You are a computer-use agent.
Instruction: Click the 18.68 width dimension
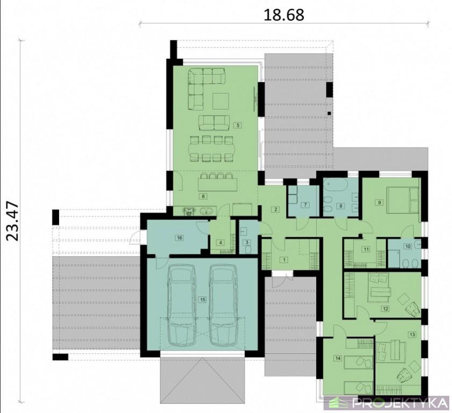[x=284, y=15]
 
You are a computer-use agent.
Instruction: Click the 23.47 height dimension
[x=13, y=222]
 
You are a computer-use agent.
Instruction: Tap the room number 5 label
[x=238, y=125]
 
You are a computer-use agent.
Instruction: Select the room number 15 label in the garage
[x=203, y=300]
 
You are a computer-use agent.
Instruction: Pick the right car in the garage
[x=224, y=305]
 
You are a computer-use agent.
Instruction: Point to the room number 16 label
[x=180, y=238]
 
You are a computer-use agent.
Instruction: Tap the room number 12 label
[x=386, y=309]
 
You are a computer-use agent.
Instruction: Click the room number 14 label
[x=338, y=358]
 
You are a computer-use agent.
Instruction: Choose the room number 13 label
[x=412, y=334]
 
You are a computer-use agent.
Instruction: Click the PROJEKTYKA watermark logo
[x=386, y=403]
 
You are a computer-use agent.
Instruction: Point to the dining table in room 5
[x=211, y=149]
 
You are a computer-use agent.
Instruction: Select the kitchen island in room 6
[x=218, y=184]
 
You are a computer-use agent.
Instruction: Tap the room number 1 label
[x=284, y=260]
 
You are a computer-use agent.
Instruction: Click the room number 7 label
[x=305, y=205]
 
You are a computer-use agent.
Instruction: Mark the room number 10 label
[x=408, y=246]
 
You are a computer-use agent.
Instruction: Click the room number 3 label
[x=247, y=243]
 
